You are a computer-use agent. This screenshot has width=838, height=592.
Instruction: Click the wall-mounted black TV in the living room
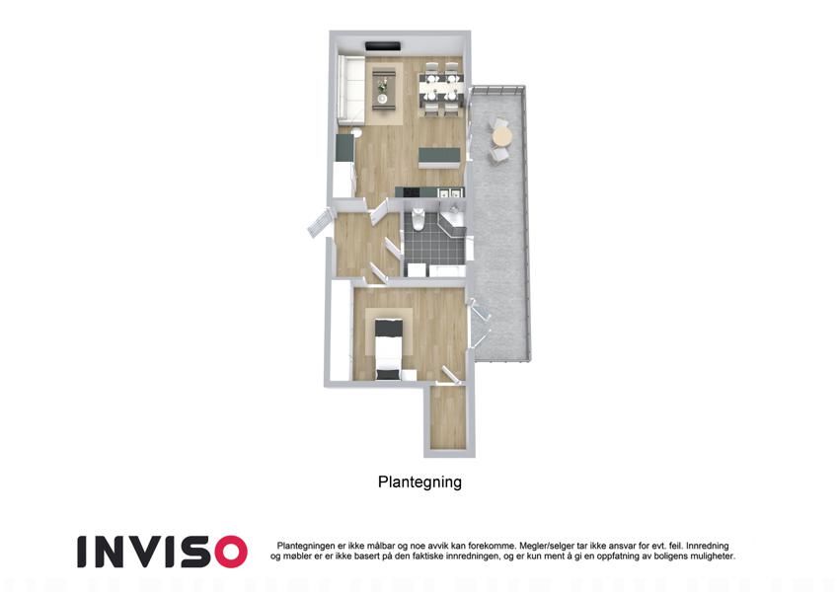coord(383,46)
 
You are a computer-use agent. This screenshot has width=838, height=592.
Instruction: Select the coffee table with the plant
coord(383,89)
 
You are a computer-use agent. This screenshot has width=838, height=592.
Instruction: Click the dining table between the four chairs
coord(439,88)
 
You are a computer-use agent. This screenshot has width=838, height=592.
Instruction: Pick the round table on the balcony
coord(501,136)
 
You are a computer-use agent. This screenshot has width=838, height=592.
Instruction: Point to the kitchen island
coord(439,157)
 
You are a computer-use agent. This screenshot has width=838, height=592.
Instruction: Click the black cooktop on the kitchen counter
coord(411,191)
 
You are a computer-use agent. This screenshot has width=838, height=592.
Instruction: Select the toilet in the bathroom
coord(419,218)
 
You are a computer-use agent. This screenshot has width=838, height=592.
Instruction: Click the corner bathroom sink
coord(454,218)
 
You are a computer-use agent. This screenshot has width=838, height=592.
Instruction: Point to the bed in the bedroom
coord(388,349)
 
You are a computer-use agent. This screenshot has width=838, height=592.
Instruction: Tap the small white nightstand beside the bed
coord(409,375)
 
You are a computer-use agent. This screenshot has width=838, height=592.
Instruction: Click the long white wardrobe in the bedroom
coord(340,332)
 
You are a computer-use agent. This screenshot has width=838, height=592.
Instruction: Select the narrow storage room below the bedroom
coord(448,416)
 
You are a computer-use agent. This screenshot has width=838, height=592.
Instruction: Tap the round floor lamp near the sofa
coord(357,132)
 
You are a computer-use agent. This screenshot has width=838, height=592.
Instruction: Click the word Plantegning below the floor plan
coord(419,481)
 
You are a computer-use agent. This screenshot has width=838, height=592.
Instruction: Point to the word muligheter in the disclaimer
coord(712,556)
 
